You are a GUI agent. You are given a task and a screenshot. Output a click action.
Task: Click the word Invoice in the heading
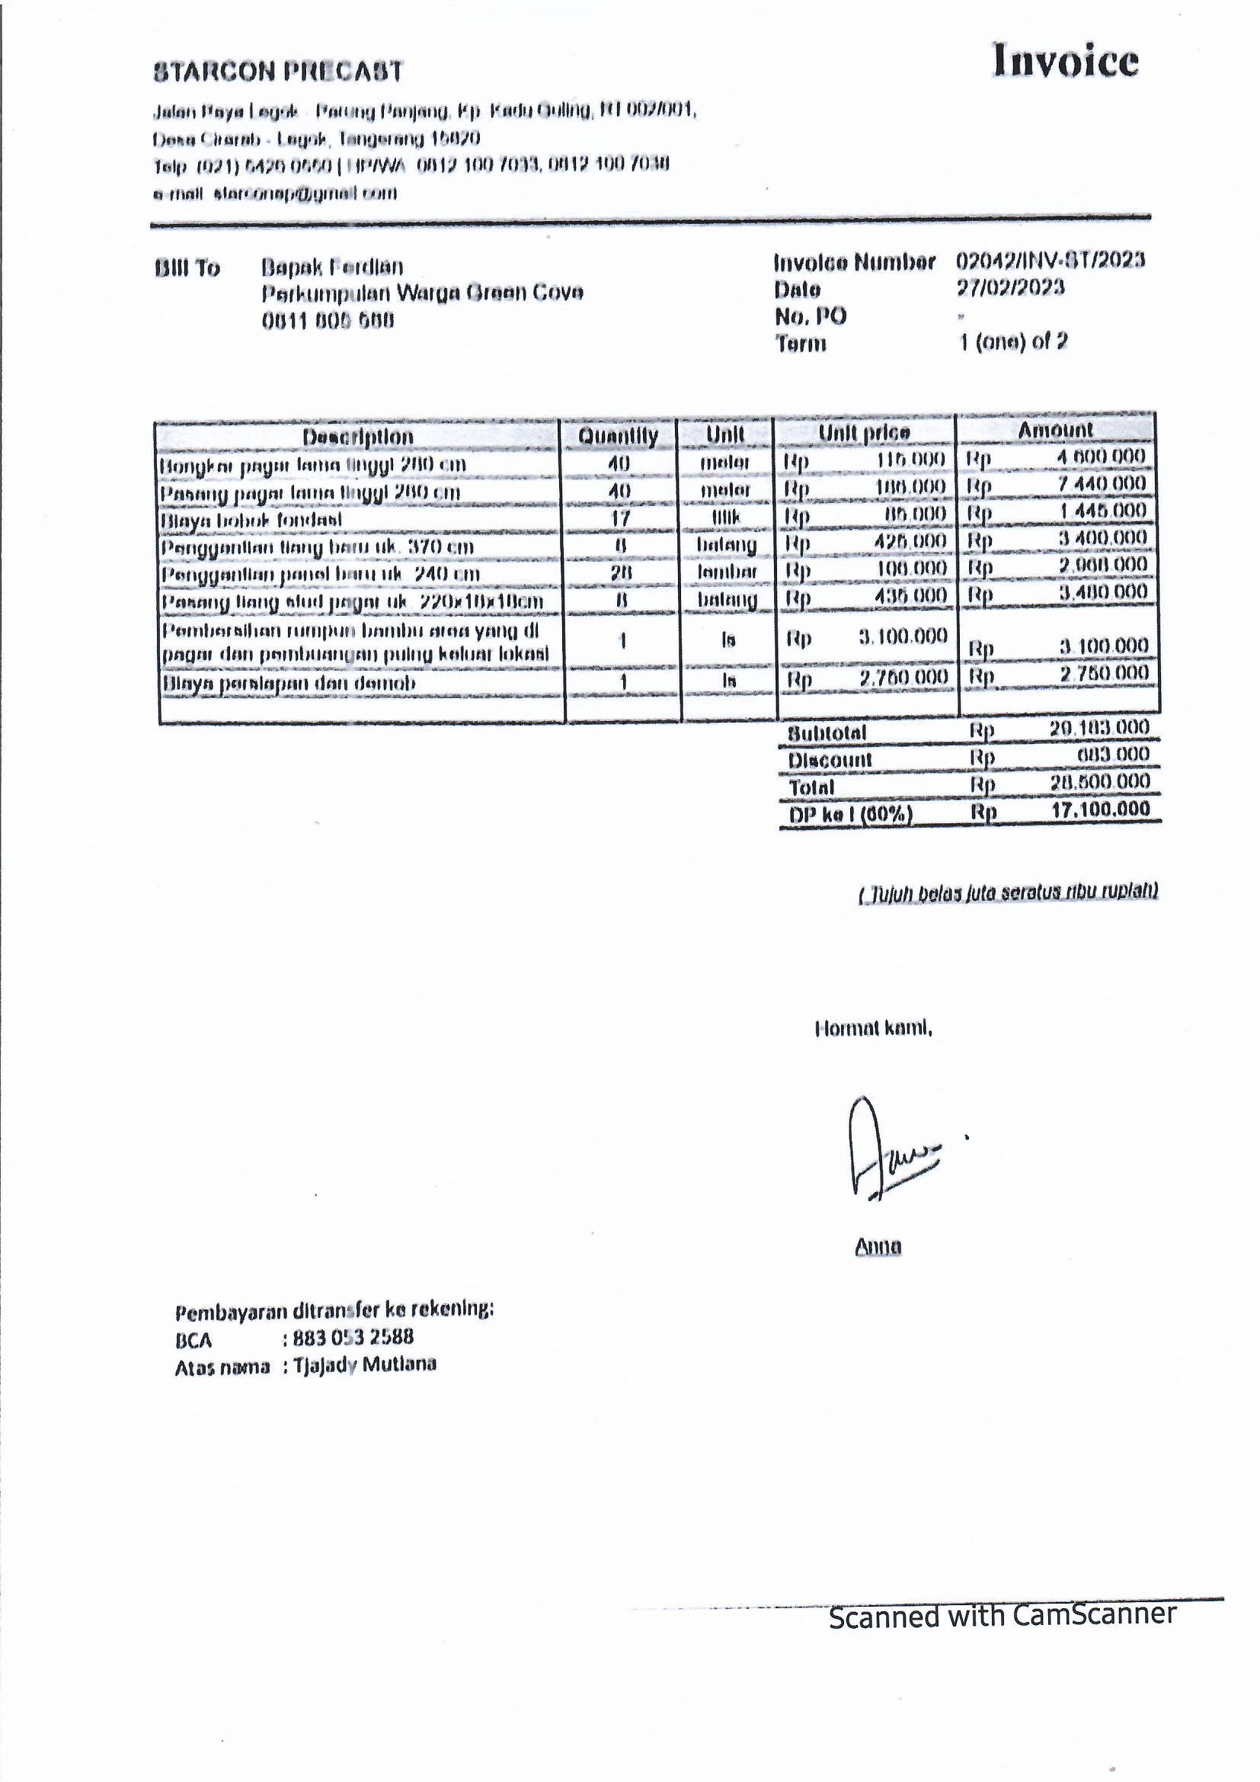[x=1065, y=61]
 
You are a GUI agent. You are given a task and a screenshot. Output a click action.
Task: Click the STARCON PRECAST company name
[x=279, y=72]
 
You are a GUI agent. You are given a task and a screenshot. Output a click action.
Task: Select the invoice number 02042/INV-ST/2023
[x=1050, y=261]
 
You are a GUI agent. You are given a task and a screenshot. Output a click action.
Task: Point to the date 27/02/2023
[x=1010, y=288]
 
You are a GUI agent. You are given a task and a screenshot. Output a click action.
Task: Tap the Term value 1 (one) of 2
[x=1013, y=341]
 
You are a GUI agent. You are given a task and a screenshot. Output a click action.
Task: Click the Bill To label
[x=187, y=268]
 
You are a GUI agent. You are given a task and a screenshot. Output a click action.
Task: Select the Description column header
[x=358, y=436]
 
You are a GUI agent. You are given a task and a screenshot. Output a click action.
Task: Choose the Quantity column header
[x=619, y=436]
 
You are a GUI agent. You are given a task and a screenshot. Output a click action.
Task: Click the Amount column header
[x=1054, y=430]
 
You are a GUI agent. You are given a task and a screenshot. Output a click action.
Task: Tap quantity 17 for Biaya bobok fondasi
[x=620, y=518]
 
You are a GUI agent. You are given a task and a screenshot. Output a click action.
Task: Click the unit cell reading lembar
[x=726, y=572]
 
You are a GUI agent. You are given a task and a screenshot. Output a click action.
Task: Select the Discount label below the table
[x=830, y=760]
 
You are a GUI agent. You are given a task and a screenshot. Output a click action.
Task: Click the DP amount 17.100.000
[x=1100, y=810]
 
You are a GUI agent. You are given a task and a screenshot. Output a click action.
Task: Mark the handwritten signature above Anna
[x=888, y=1149]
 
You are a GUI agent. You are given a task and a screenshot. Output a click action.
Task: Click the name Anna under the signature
[x=878, y=1247]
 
